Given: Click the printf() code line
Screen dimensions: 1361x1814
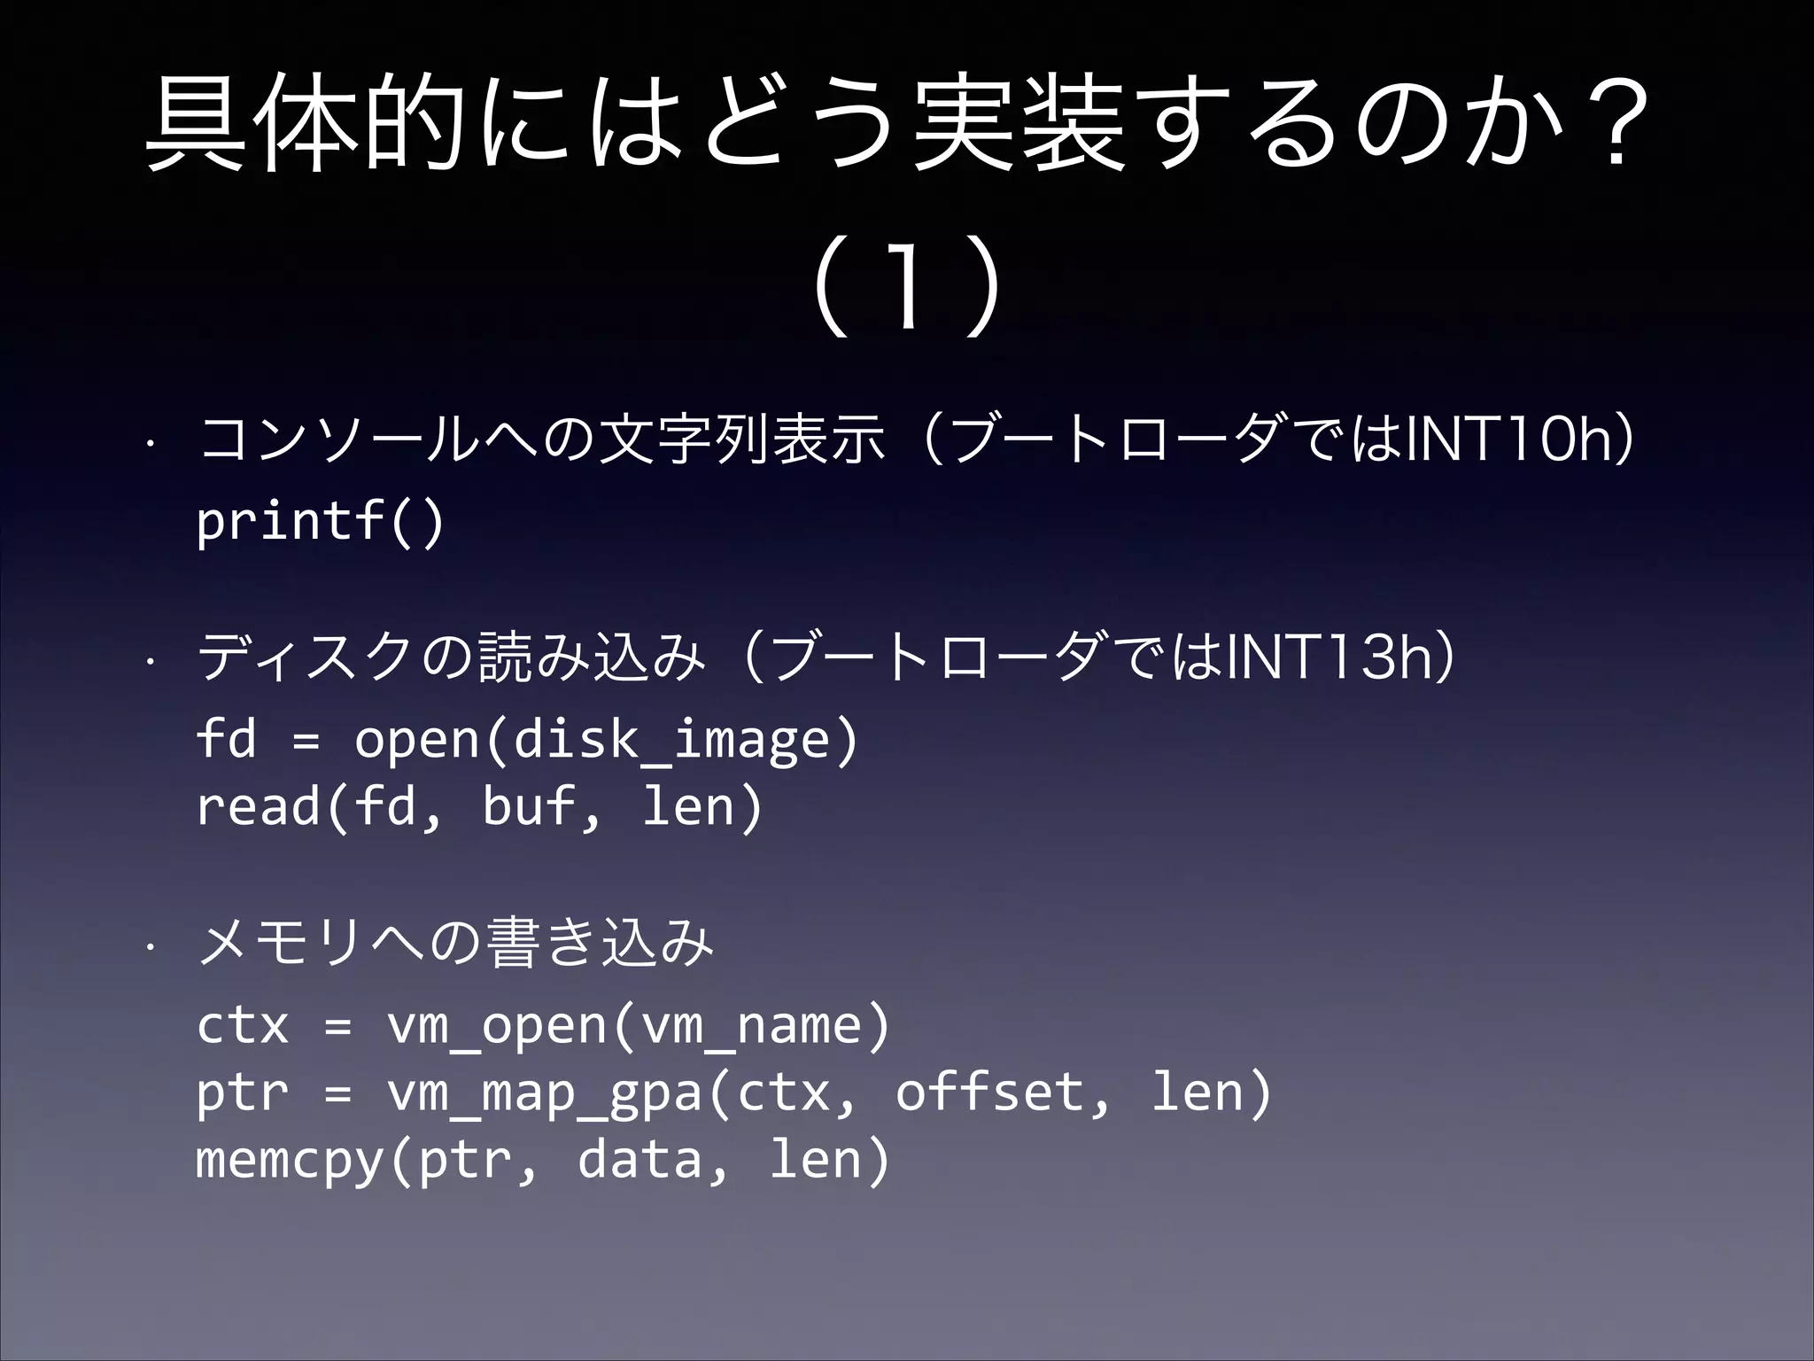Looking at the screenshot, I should [320, 522].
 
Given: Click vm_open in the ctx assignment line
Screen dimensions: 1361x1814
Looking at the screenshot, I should [496, 1026].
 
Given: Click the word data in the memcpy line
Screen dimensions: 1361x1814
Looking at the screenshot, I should [640, 1159].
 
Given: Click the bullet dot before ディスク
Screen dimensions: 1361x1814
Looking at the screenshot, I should [152, 660].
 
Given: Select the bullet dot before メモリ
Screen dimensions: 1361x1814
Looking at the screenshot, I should [152, 945].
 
